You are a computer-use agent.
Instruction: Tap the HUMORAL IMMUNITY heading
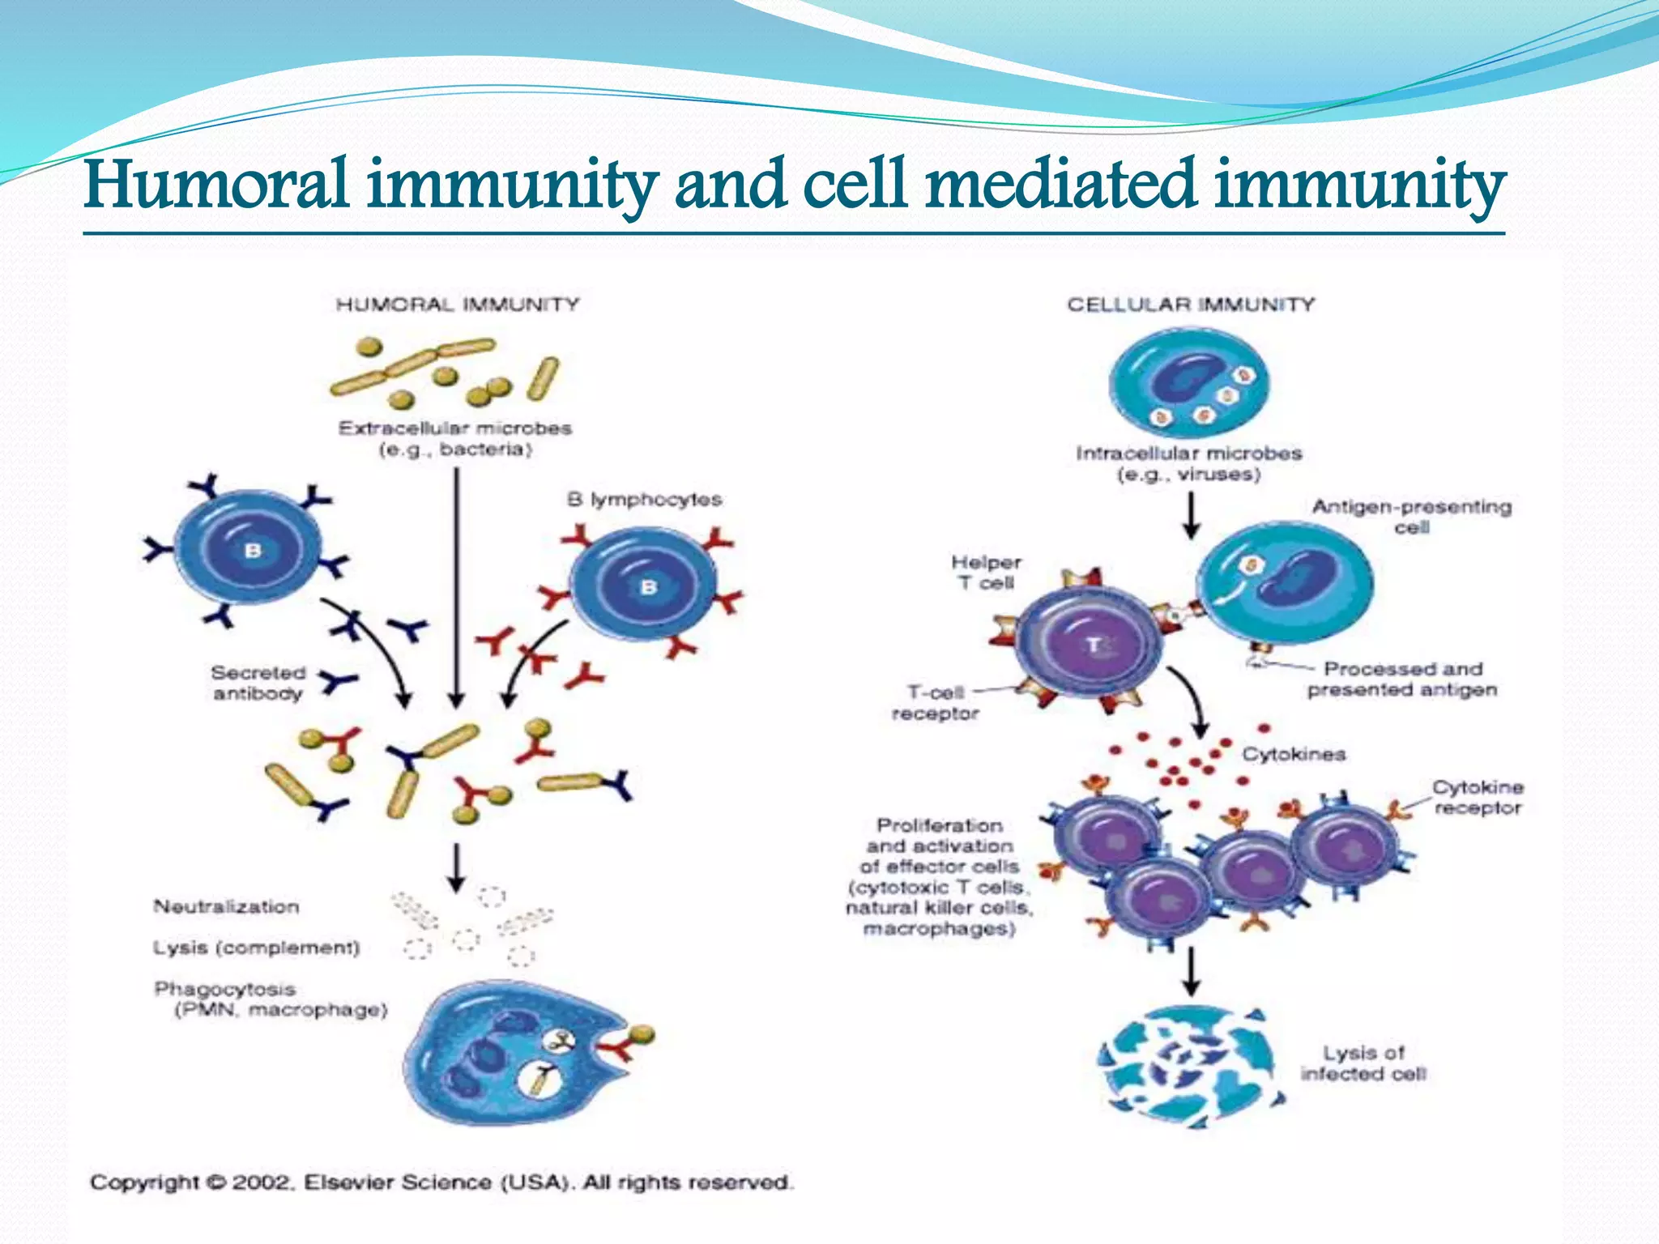click(x=458, y=305)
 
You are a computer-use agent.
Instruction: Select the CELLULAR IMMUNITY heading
click(x=1190, y=305)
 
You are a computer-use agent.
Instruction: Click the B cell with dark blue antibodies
click(x=249, y=550)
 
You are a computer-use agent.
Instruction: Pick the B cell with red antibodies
click(x=645, y=585)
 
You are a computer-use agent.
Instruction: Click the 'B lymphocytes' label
click(x=644, y=499)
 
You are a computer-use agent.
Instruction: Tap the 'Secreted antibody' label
click(x=258, y=683)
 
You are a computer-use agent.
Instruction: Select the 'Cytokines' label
click(x=1294, y=754)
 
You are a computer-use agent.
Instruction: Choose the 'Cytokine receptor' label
click(x=1477, y=797)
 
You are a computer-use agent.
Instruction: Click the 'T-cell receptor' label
click(x=936, y=702)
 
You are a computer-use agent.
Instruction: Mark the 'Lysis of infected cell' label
click(x=1364, y=1063)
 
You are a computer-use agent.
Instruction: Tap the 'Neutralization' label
click(x=226, y=906)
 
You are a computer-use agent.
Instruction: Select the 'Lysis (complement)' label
click(x=256, y=947)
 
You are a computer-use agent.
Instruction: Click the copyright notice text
click(x=441, y=1182)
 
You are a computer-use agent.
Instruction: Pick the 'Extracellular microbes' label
click(x=455, y=438)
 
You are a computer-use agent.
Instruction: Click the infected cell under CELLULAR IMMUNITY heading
click(x=1188, y=382)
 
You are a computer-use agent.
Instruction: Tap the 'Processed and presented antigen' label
click(x=1402, y=679)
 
